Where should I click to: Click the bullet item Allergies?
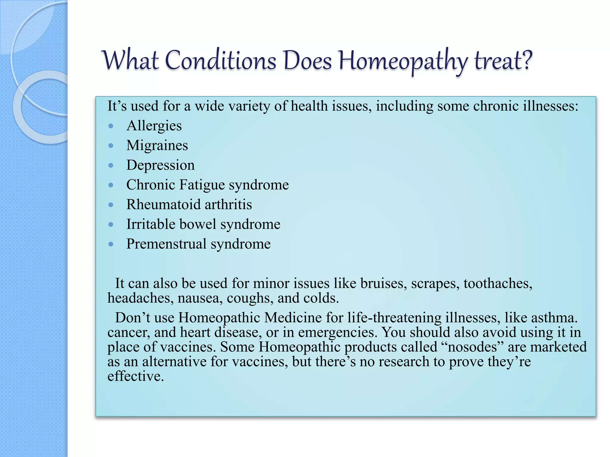pyautogui.click(x=154, y=126)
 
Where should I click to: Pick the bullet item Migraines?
pyautogui.click(x=157, y=145)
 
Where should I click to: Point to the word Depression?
pyautogui.click(x=160, y=165)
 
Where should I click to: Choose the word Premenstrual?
pyautogui.click(x=166, y=244)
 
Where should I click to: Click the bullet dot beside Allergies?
pyautogui.click(x=111, y=126)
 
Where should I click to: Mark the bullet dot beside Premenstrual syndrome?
pyautogui.click(x=111, y=244)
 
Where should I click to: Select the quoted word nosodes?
pyautogui.click(x=472, y=347)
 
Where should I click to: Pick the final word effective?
pyautogui.click(x=136, y=376)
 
